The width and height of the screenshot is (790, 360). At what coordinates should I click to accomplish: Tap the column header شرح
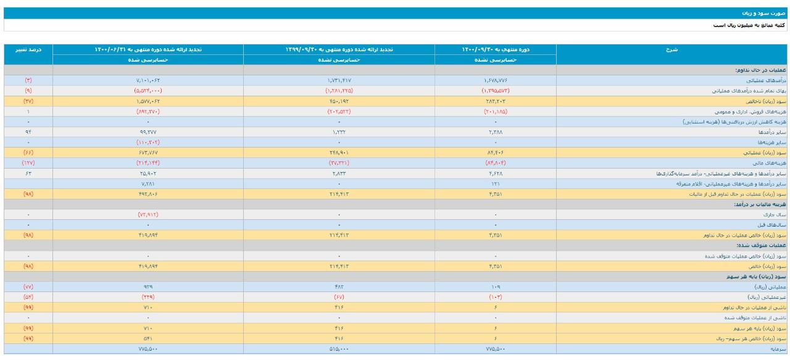[x=673, y=49]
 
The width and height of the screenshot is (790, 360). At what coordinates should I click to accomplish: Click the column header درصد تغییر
[x=28, y=49]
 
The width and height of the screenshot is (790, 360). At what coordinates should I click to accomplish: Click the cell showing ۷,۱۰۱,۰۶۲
[x=148, y=80]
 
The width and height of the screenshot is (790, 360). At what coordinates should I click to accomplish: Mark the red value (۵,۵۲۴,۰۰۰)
[x=148, y=90]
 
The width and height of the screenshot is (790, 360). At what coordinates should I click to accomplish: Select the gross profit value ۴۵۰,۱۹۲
[x=339, y=101]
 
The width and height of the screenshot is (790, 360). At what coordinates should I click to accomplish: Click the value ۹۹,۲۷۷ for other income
[x=148, y=132]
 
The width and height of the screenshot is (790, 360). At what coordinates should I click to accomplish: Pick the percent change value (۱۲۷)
[x=28, y=163]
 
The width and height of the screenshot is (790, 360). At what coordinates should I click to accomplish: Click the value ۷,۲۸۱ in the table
[x=148, y=184]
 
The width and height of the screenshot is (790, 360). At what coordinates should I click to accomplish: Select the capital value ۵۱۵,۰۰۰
[x=339, y=349]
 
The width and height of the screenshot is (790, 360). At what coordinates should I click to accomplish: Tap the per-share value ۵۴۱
[x=148, y=338]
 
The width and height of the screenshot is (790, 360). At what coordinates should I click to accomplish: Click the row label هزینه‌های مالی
[x=771, y=163]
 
